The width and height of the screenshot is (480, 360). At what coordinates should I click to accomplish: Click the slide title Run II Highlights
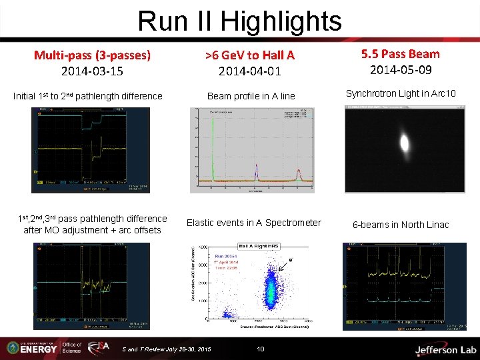coord(239,21)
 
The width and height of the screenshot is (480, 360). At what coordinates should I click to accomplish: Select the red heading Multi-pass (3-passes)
coord(92,55)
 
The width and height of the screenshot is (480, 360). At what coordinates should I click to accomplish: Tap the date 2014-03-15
coord(92,71)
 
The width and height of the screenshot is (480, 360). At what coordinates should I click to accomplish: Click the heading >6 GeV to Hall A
coord(250,55)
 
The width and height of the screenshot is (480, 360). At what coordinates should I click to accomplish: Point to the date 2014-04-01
coord(250,71)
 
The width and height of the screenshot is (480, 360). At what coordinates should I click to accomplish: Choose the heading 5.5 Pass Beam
coord(400,53)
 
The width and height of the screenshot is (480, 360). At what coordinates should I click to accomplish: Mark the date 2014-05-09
coord(400,69)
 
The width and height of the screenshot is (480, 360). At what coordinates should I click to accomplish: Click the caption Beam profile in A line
coord(251,96)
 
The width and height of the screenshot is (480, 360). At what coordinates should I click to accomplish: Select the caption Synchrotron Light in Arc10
coord(400,93)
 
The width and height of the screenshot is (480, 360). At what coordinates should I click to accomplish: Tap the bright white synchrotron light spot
coord(404,143)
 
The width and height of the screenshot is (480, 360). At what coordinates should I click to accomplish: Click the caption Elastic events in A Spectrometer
coord(253,223)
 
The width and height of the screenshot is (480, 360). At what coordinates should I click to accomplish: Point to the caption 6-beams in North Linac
coord(401,225)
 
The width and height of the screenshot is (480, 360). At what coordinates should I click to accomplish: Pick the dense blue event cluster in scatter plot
coord(271,287)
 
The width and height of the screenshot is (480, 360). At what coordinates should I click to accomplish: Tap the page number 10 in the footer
coord(261,349)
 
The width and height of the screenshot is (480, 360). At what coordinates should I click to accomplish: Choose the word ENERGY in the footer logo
coord(39,349)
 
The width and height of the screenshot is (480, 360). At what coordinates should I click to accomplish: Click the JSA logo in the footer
coord(98,347)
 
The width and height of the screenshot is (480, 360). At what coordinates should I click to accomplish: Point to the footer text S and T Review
coord(167,349)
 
